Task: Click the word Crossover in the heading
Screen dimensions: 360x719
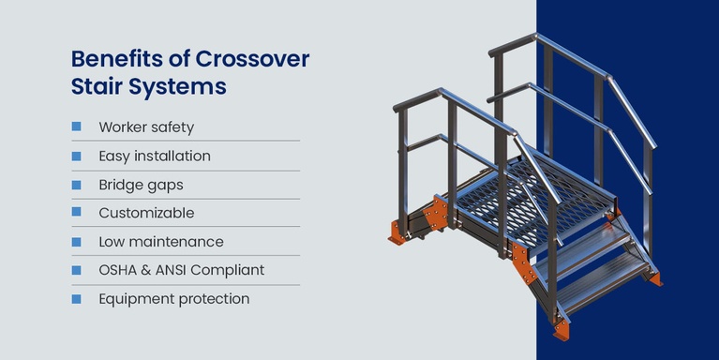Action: [252, 60]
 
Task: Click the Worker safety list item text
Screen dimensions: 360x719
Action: [146, 127]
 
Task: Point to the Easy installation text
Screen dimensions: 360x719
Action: [155, 156]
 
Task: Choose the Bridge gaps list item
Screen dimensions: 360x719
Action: [141, 185]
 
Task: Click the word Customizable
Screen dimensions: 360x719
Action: [146, 213]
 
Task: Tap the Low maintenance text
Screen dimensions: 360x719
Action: [160, 242]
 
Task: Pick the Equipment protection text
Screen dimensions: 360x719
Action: [173, 299]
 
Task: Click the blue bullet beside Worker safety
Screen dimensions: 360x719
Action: [76, 127]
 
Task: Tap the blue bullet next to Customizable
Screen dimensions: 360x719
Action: [76, 213]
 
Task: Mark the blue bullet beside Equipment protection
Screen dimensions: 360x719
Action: [76, 299]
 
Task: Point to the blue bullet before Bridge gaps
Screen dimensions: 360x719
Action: [76, 185]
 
